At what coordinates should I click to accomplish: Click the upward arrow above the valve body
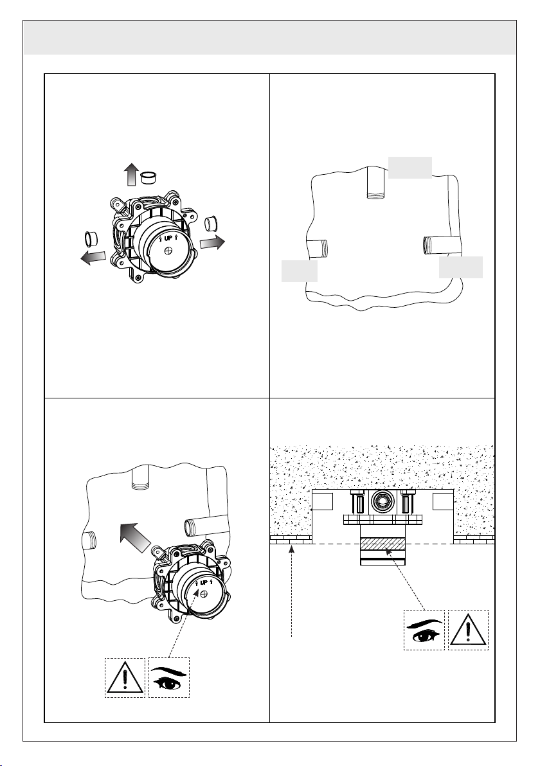tap(131, 175)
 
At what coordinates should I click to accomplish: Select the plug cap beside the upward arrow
tap(147, 177)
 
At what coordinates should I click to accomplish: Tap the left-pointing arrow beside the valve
tap(93, 257)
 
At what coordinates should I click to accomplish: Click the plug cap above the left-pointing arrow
tap(91, 239)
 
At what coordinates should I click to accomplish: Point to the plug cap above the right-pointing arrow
tap(211, 224)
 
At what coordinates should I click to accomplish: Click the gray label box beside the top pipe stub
tap(411, 168)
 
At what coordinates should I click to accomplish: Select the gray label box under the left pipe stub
tap(300, 271)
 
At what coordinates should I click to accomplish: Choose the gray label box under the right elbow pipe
tap(461, 267)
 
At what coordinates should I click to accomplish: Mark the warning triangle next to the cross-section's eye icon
tap(469, 630)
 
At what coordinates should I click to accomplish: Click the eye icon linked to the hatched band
tap(424, 630)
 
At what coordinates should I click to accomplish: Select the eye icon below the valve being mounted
tap(168, 678)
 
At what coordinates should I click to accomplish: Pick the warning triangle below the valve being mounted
tap(125, 677)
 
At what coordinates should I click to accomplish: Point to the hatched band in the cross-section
tap(382, 544)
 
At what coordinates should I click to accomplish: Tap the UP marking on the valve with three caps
tap(168, 238)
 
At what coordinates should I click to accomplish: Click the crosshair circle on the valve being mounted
tap(205, 594)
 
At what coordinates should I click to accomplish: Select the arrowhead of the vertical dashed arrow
tap(291, 549)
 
